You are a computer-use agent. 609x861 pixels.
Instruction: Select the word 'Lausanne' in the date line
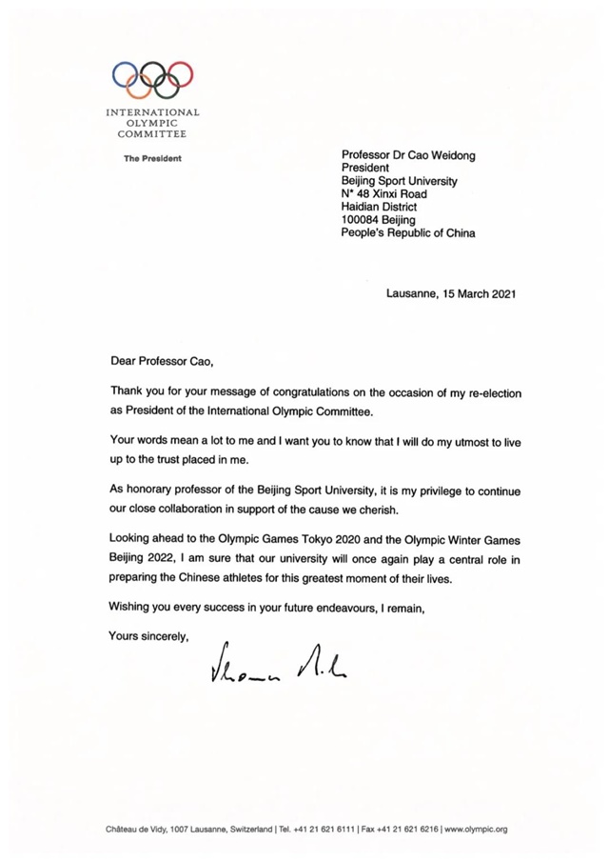(412, 294)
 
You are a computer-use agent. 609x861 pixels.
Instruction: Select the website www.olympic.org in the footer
(475, 830)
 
